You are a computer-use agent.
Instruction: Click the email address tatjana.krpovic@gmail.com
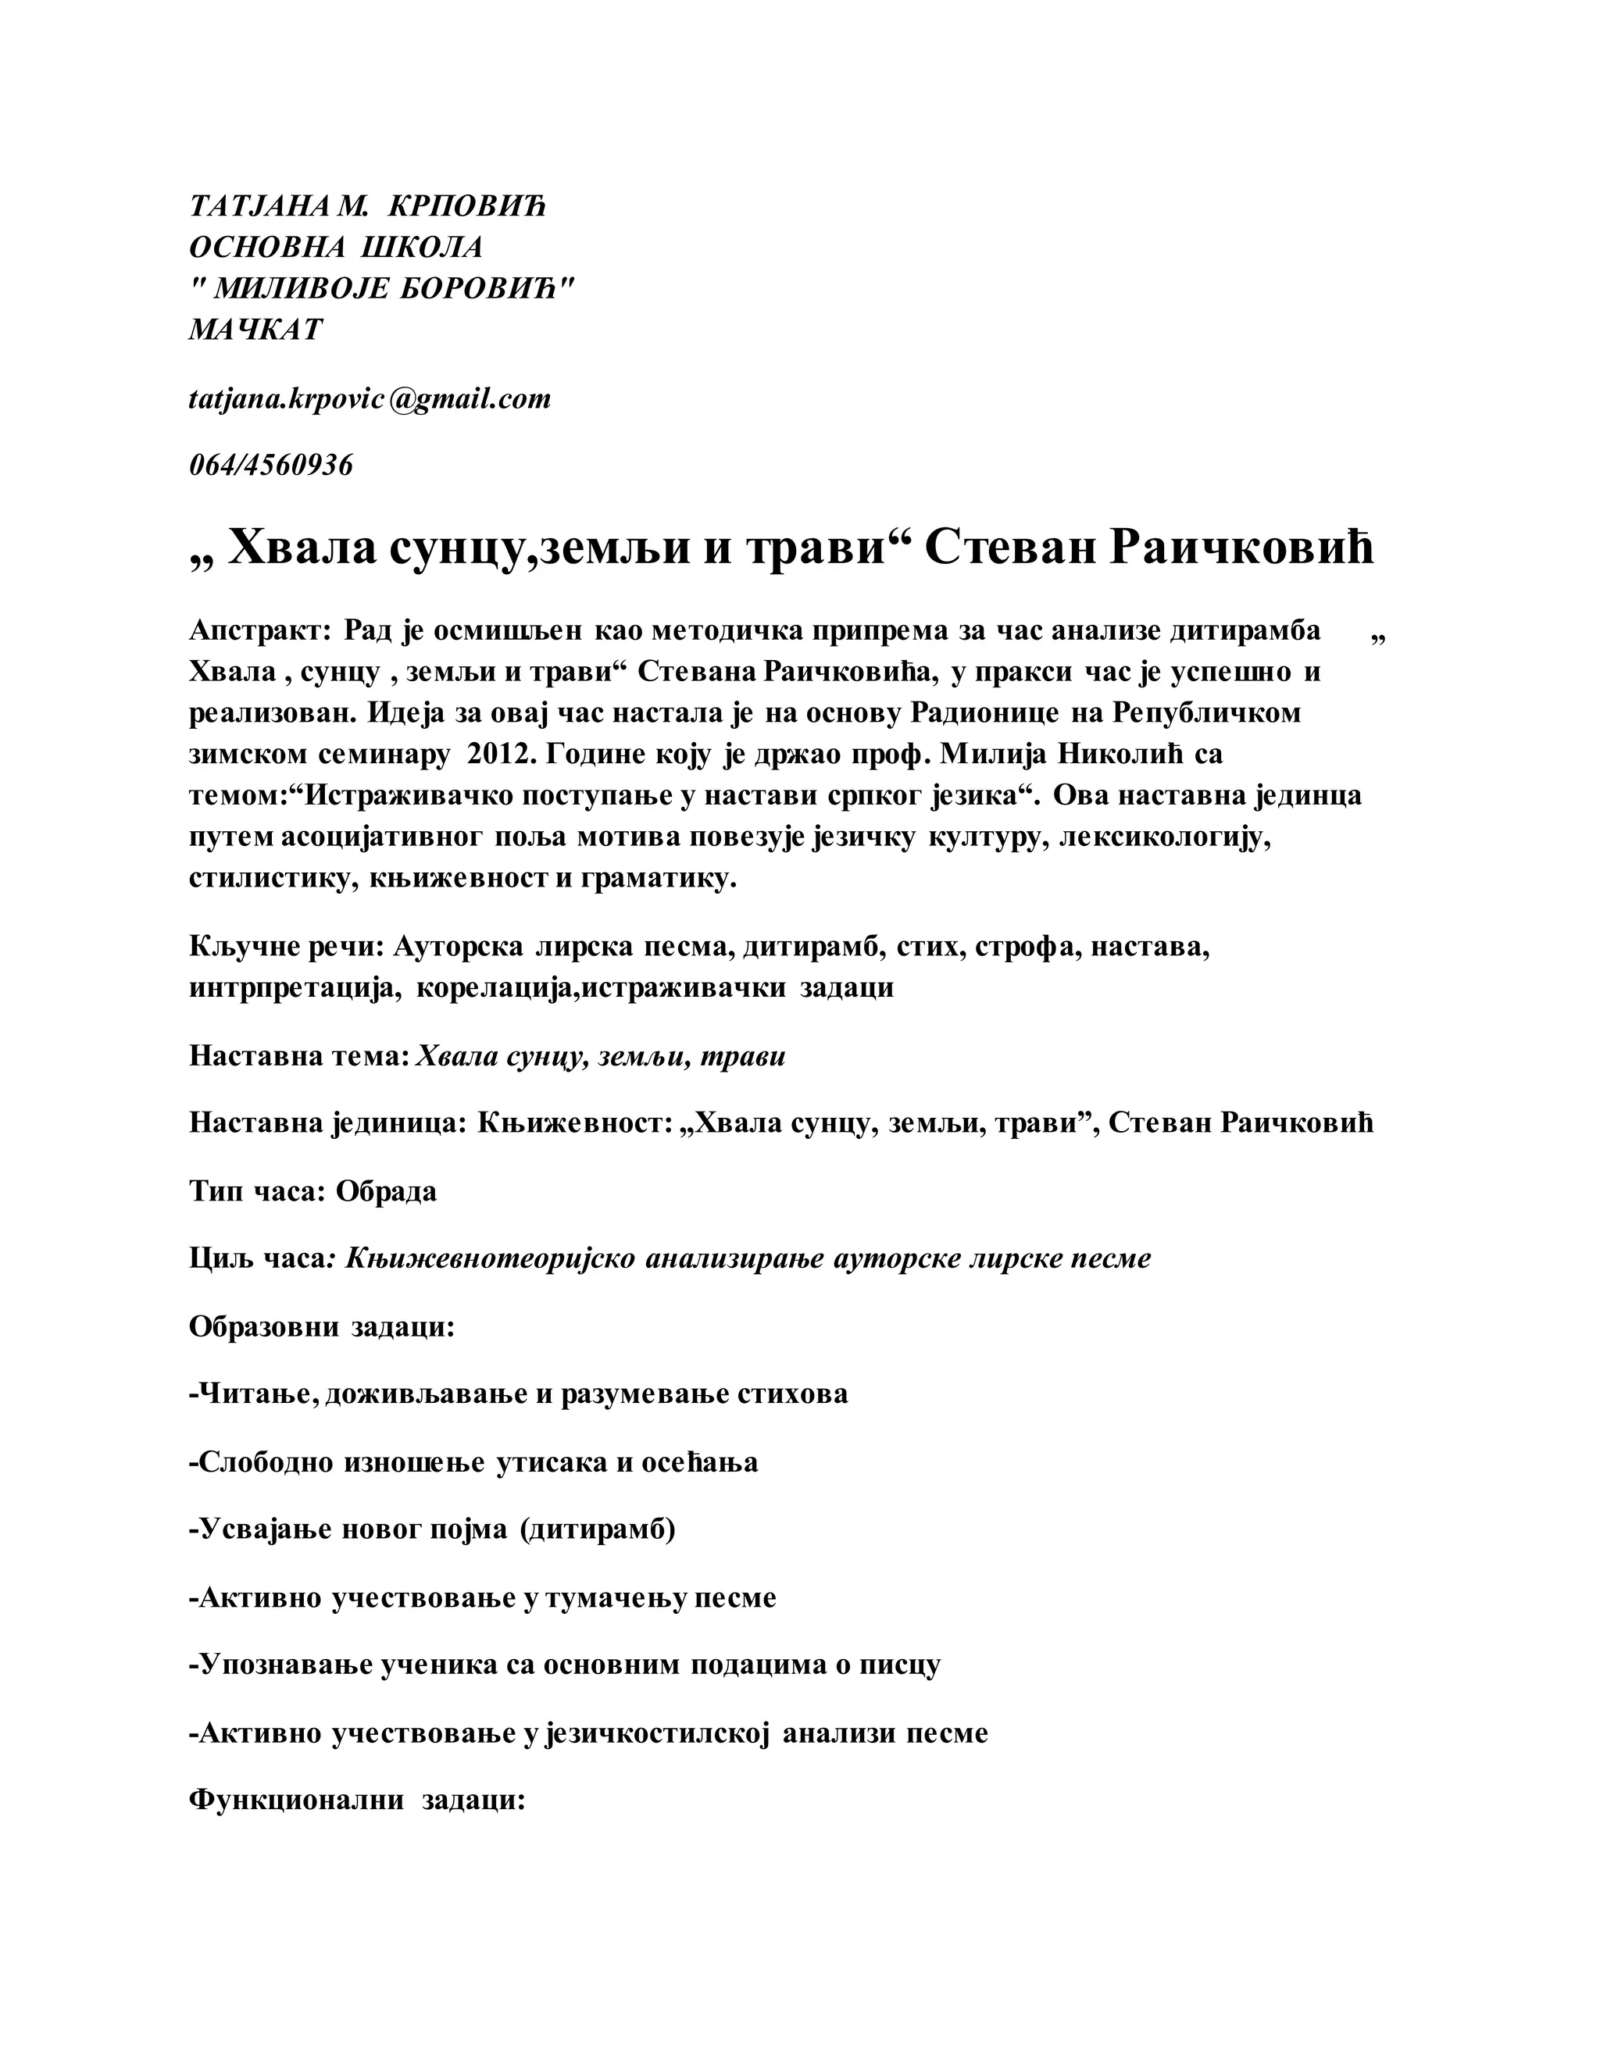click(370, 399)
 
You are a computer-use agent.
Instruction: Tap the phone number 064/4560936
click(271, 466)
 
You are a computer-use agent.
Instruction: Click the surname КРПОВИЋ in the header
click(467, 207)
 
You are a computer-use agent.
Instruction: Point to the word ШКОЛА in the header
click(423, 248)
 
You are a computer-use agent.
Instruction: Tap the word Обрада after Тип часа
click(387, 1190)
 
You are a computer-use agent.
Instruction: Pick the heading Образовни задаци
click(323, 1327)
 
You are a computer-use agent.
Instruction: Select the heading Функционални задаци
click(357, 1800)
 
